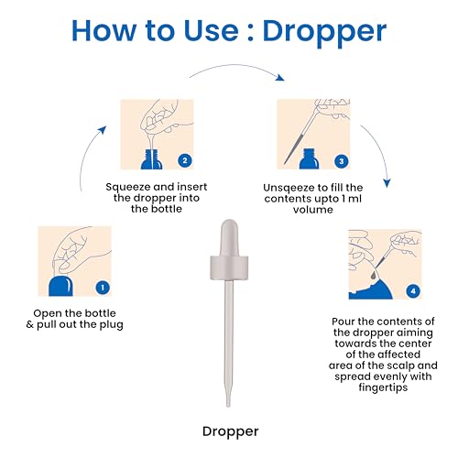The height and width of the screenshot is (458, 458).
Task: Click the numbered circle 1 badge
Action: pyautogui.click(x=103, y=288)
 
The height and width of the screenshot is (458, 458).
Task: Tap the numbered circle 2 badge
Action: pyautogui.click(x=185, y=160)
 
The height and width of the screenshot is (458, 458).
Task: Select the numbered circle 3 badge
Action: pyautogui.click(x=342, y=161)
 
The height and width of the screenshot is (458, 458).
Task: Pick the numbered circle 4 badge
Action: pyautogui.click(x=413, y=291)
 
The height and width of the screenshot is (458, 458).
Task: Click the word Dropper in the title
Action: pyautogui.click(x=324, y=31)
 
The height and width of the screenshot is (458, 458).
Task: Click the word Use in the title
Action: pyautogui.click(x=212, y=30)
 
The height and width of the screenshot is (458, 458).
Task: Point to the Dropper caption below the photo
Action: pyautogui.click(x=231, y=432)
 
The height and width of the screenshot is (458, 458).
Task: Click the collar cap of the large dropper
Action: pyautogui.click(x=229, y=267)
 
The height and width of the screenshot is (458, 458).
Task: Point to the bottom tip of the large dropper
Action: pyautogui.click(x=228, y=406)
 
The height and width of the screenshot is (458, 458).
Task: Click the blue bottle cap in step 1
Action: pyautogui.click(x=60, y=286)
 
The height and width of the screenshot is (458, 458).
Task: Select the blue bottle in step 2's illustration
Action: pyautogui.click(x=151, y=159)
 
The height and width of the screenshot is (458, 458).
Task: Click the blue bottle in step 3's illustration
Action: pyautogui.click(x=309, y=158)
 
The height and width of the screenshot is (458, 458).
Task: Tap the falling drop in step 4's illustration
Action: pyautogui.click(x=373, y=275)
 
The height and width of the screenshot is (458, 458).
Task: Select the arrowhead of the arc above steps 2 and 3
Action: pyautogui.click(x=279, y=77)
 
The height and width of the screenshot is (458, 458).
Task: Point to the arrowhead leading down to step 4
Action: pyautogui.click(x=387, y=183)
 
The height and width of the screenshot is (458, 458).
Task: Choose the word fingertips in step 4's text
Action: pyautogui.click(x=383, y=387)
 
